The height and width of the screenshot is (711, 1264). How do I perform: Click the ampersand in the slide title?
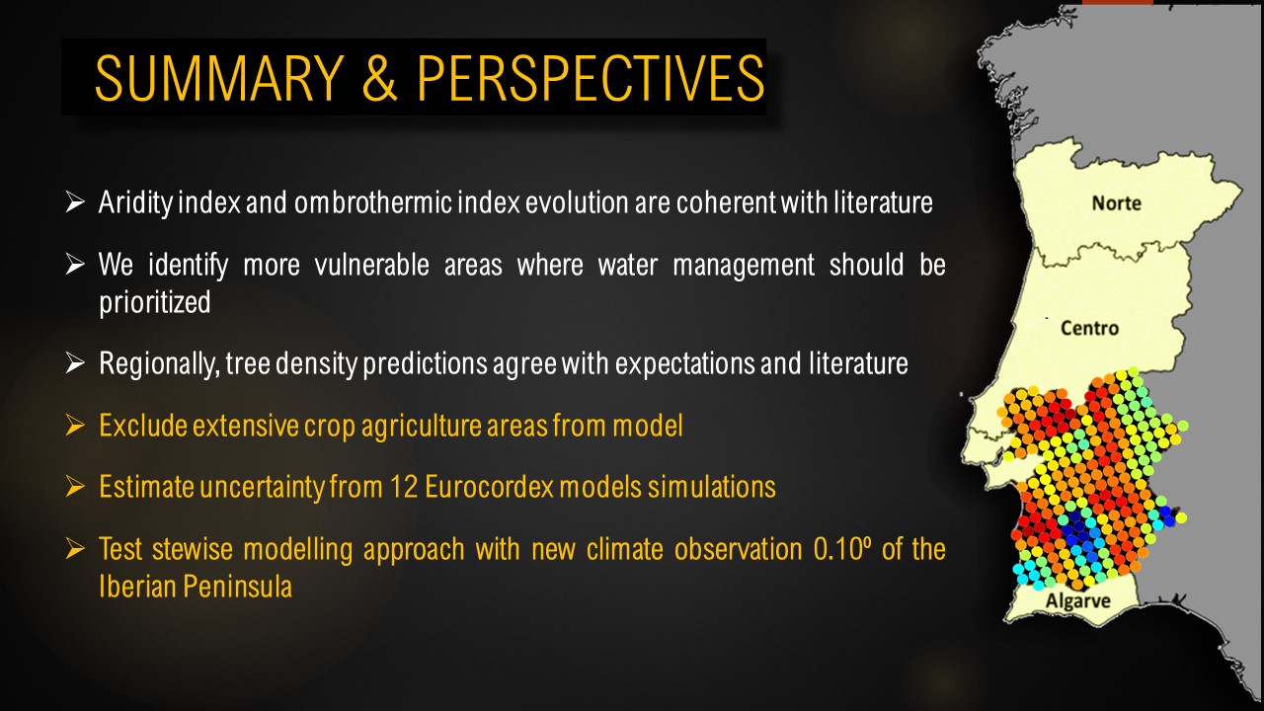point(380,78)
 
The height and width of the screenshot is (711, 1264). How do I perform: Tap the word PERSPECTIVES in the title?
point(591,78)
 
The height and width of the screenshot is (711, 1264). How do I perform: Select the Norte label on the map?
point(1116,203)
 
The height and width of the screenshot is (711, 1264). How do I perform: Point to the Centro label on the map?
point(1089,328)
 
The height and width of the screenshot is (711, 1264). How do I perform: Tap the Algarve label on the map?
point(1077,601)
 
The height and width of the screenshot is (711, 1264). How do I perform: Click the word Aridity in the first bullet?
point(135,202)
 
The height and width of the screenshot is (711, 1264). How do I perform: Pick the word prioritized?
point(155,302)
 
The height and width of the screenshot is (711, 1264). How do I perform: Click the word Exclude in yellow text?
point(143,426)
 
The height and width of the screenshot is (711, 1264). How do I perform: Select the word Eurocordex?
point(489,487)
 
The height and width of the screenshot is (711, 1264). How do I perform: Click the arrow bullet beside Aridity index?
point(75,202)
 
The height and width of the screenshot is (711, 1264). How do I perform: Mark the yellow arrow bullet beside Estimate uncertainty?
point(75,487)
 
